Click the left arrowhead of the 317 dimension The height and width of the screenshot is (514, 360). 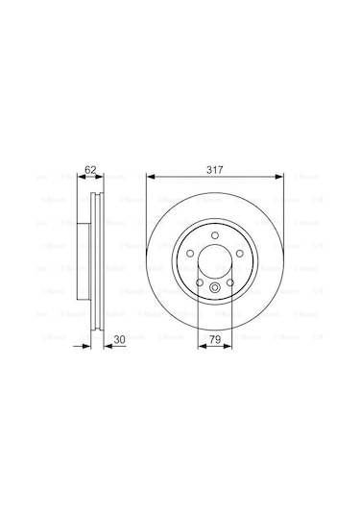[x=150, y=177]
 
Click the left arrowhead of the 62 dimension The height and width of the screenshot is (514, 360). [x=82, y=178]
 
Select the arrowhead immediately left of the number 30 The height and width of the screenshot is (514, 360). [x=106, y=345]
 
